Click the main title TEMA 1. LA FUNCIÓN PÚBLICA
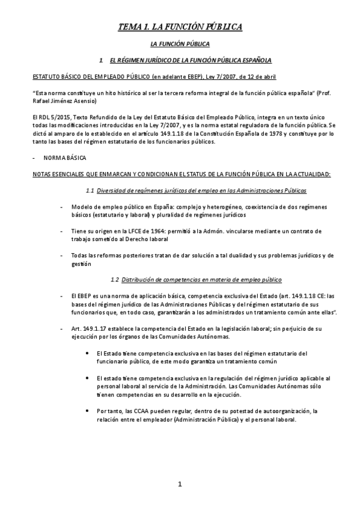coord(179,27)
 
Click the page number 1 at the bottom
coord(180,485)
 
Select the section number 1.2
coord(115,280)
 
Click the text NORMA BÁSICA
coord(64,158)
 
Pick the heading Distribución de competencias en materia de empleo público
coord(201,280)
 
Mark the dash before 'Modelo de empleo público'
coord(63,206)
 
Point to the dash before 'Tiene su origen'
coord(63,230)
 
